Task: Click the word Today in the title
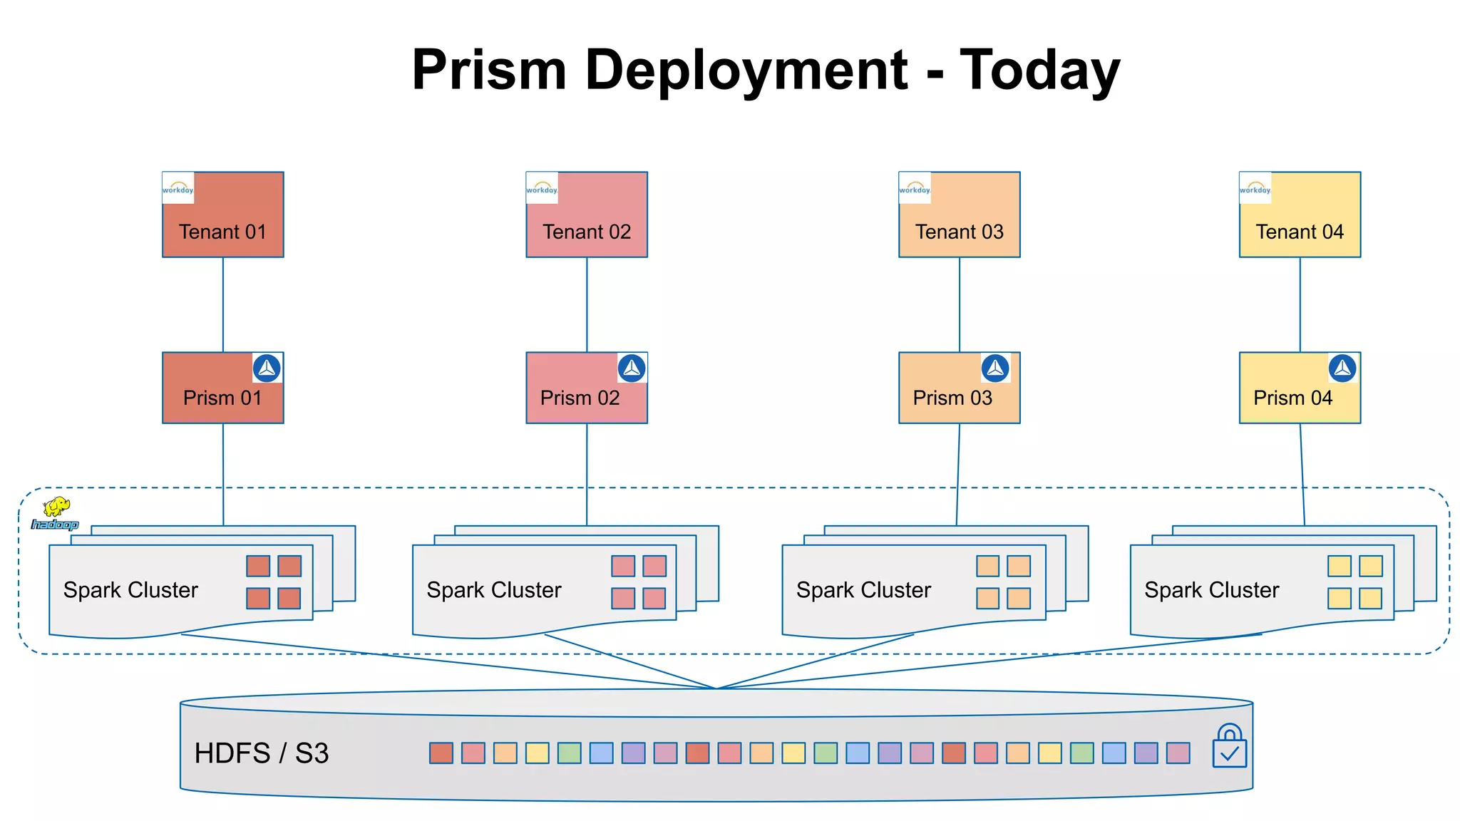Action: pos(1040,71)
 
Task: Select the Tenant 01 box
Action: pos(223,215)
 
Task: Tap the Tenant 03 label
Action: pos(959,232)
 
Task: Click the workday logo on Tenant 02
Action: pos(542,188)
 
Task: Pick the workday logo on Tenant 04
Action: pos(1255,188)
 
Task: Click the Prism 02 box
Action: pos(586,388)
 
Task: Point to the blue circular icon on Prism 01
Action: pos(267,368)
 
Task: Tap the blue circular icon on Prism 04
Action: pos(1342,368)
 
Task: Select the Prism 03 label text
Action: pos(952,398)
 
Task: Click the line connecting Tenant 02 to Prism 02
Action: pos(587,305)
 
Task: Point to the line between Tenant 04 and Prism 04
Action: pos(1300,305)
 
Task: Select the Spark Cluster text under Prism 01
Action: pos(130,590)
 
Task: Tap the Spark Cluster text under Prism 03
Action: pos(863,590)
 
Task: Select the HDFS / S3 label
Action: pos(262,753)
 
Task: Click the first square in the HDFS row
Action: pos(441,753)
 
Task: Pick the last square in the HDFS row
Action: pos(1178,753)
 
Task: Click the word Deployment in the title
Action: pos(746,71)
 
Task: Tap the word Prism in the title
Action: pos(489,71)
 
